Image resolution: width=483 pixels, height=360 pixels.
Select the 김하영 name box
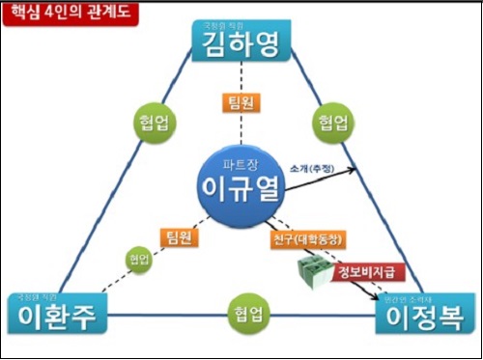241,43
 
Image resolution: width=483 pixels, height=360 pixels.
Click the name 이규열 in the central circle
240,188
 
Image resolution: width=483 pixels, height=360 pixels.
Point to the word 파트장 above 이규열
239,162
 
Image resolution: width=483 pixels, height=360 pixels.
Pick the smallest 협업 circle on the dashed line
137,258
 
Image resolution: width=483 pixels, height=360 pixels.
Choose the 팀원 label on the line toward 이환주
178,236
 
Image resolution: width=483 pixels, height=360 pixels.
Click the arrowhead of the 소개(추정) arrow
354,169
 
